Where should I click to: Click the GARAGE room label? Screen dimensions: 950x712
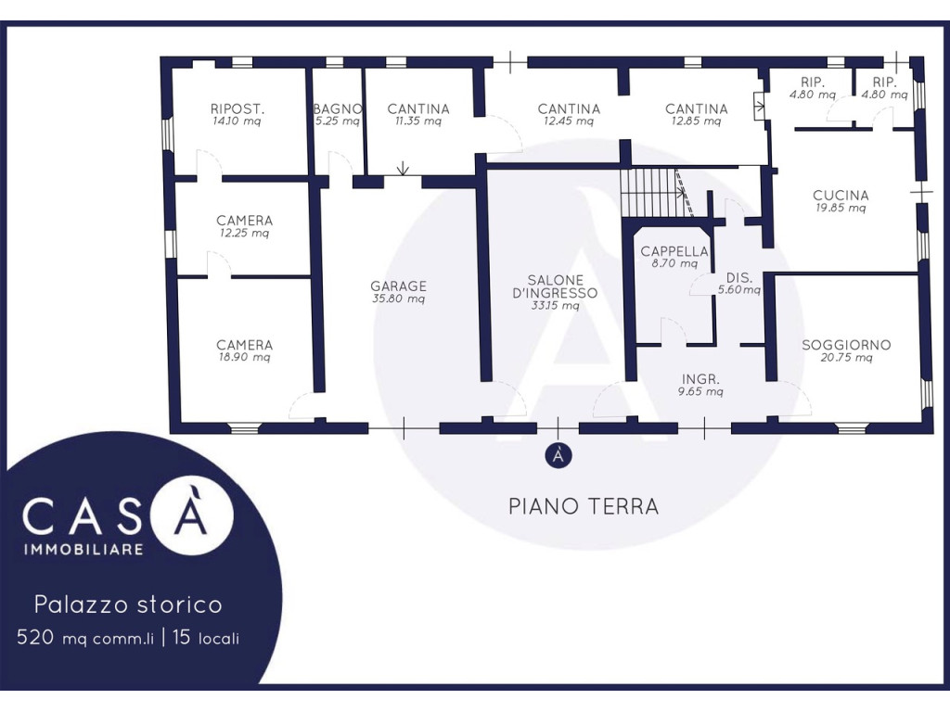(399, 286)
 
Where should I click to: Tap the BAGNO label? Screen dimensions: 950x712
(338, 109)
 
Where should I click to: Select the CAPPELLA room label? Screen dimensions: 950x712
(674, 251)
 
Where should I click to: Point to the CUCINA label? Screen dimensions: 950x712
(841, 196)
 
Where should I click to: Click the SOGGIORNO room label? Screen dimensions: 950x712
(846, 345)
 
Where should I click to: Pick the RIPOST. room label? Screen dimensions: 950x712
(237, 109)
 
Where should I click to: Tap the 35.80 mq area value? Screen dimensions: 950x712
(398, 299)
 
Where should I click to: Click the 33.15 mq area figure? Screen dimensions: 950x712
(555, 306)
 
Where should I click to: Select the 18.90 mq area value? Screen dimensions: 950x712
(244, 357)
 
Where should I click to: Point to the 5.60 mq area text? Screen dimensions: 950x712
(739, 290)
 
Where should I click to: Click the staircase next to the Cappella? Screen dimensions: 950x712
(657, 193)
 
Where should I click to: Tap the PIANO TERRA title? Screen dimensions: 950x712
(584, 506)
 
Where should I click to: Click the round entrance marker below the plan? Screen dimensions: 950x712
(558, 456)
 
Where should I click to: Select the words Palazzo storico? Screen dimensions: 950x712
(128, 604)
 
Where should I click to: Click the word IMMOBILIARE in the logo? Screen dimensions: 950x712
(83, 549)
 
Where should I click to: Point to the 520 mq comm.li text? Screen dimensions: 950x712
(85, 638)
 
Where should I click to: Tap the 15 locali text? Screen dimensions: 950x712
(206, 638)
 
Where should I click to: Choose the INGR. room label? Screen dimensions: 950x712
(700, 379)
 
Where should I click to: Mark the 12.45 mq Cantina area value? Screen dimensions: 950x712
(568, 121)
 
